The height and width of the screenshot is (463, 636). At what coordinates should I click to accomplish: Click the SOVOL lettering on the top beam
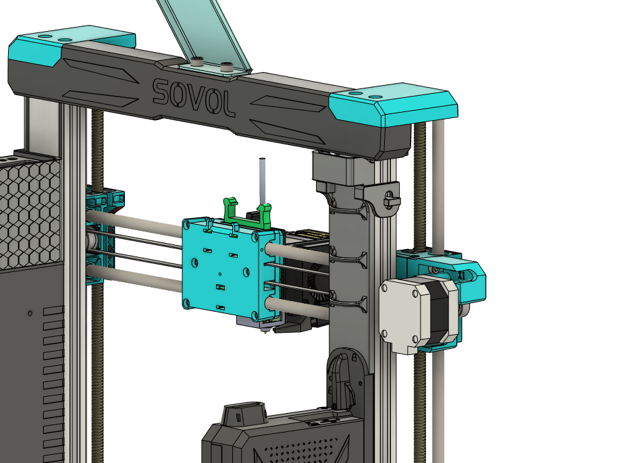(194, 97)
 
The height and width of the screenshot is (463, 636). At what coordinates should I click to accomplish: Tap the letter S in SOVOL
(161, 91)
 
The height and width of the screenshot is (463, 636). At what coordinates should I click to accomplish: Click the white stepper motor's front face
(400, 315)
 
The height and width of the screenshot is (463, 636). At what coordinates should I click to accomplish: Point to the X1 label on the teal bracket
(461, 275)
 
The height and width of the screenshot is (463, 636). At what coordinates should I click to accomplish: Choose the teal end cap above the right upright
(394, 104)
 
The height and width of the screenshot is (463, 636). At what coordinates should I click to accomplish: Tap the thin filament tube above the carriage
(262, 182)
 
